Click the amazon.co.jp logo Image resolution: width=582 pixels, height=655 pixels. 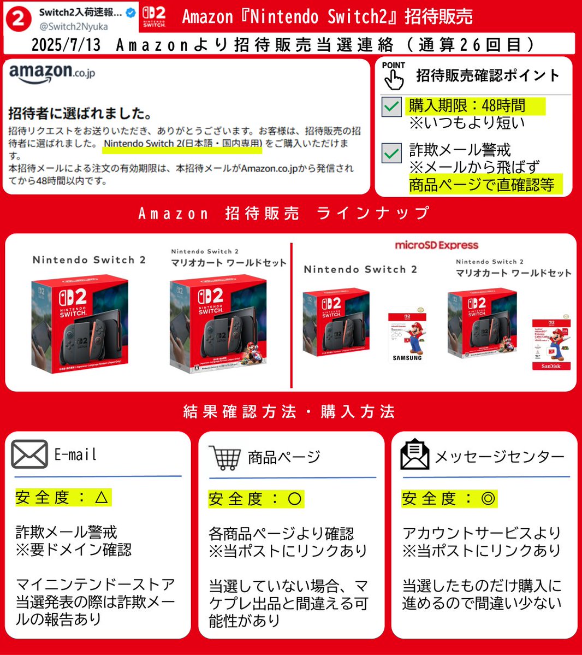tap(52, 74)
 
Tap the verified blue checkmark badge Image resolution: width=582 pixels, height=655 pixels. tap(130, 12)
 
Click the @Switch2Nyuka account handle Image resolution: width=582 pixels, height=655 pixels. tap(73, 26)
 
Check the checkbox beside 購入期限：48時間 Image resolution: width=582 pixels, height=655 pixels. tap(391, 107)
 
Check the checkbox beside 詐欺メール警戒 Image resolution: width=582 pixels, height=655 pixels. tap(391, 153)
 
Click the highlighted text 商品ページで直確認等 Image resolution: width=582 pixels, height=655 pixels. tap(482, 185)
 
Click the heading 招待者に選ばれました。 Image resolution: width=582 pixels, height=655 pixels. tap(80, 114)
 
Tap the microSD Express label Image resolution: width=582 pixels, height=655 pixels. tap(436, 245)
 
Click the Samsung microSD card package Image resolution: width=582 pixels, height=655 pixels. tap(407, 337)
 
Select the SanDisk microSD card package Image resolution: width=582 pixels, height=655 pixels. tap(551, 344)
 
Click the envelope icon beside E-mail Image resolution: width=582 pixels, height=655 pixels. tap(29, 455)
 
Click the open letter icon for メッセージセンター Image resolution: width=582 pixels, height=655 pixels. tap(415, 455)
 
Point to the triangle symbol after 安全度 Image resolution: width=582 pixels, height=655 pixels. tap(102, 497)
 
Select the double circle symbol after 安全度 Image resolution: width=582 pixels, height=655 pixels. tap(488, 498)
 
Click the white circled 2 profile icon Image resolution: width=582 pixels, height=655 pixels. tap(18, 19)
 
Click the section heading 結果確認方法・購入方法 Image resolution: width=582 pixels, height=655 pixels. tap(289, 411)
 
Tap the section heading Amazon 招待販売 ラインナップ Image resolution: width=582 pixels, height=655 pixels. tap(284, 213)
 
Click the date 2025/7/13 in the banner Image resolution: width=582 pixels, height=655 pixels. tap(66, 44)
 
